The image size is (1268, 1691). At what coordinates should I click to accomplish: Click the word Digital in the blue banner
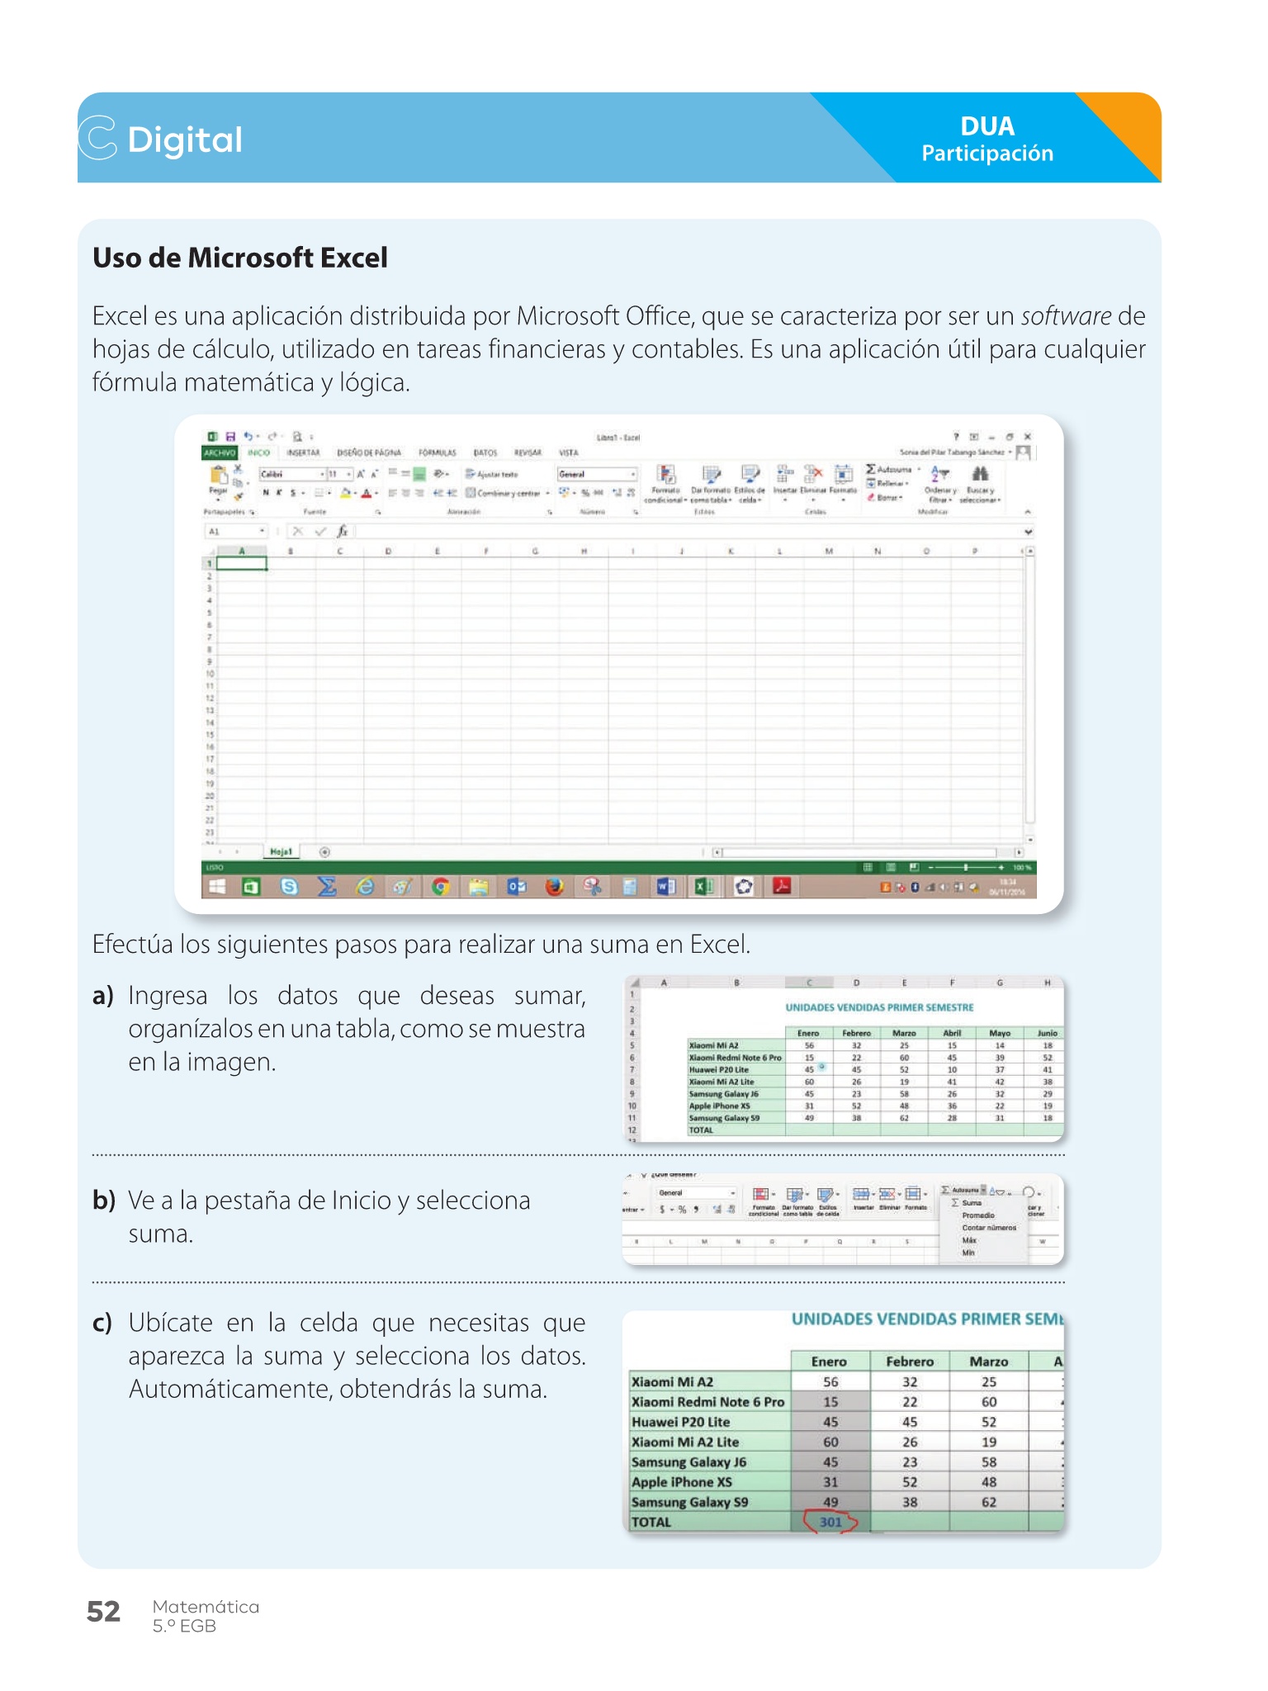point(185,140)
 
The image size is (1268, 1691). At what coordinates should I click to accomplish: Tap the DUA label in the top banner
point(986,126)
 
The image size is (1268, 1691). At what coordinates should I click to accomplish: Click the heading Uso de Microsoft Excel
point(239,258)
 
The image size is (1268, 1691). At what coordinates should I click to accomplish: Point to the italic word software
point(1066,316)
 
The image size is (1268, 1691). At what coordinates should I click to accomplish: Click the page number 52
point(103,1611)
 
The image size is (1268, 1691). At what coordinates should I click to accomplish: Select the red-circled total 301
point(830,1522)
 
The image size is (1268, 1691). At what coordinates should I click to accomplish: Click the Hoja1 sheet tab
point(281,851)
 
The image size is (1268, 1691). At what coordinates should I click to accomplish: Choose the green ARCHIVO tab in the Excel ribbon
point(220,452)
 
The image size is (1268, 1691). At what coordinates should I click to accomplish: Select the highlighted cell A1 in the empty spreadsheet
point(241,563)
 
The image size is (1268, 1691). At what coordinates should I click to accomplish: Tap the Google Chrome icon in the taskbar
point(441,887)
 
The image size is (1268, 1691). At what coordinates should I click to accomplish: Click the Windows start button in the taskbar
point(217,887)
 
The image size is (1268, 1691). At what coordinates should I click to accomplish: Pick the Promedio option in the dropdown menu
point(978,1215)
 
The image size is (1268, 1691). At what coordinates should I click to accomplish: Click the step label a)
point(103,996)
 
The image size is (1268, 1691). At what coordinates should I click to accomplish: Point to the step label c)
point(102,1323)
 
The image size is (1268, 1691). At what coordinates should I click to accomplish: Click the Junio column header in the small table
point(1047,1033)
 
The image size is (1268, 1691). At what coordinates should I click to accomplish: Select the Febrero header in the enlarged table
point(910,1362)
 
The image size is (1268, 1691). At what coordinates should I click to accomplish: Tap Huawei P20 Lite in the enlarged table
point(680,1422)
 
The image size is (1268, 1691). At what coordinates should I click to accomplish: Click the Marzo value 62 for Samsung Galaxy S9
point(989,1502)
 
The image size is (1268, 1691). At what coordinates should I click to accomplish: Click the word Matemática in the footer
point(206,1607)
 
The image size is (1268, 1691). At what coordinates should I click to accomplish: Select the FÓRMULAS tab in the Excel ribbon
point(437,452)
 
